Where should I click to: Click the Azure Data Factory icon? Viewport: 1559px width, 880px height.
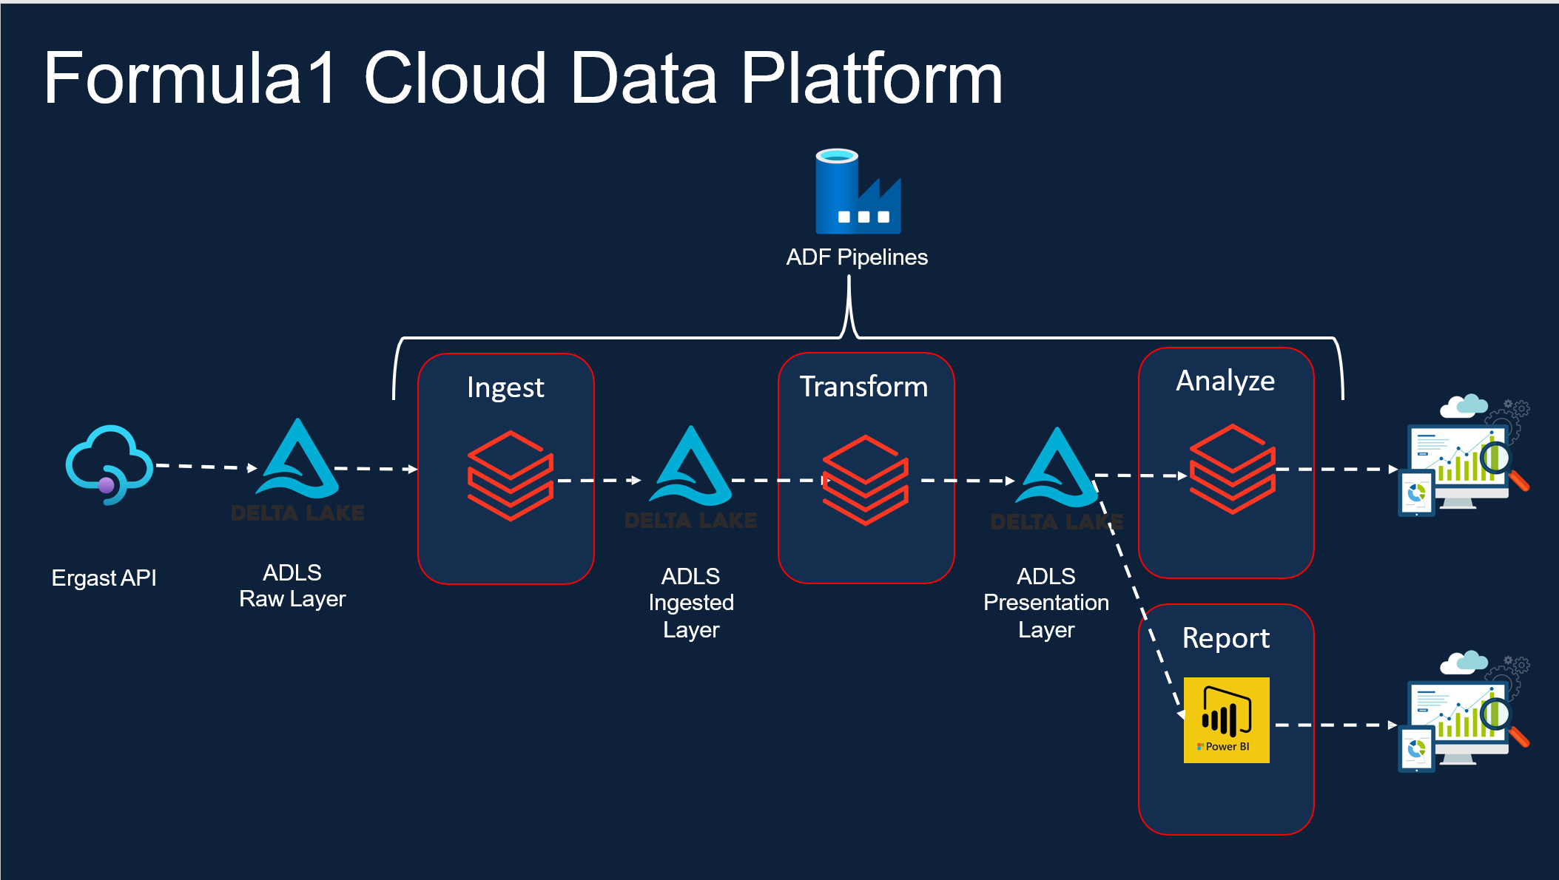pyautogui.click(x=858, y=192)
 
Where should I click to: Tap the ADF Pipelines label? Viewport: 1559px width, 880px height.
pyautogui.click(x=856, y=257)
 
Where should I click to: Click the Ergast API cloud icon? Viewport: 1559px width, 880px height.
pyautogui.click(x=110, y=464)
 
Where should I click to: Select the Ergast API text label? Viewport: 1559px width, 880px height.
pyautogui.click(x=104, y=578)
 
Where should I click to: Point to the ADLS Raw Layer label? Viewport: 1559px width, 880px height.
pyautogui.click(x=292, y=586)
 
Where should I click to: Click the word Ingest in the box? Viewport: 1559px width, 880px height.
pyautogui.click(x=505, y=387)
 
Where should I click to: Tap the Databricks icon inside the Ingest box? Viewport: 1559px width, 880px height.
pyautogui.click(x=510, y=475)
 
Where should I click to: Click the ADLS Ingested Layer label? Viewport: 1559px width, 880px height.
pyautogui.click(x=691, y=603)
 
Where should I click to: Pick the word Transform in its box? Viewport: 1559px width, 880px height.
pyautogui.click(x=863, y=387)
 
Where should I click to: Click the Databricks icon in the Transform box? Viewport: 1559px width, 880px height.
pyautogui.click(x=865, y=480)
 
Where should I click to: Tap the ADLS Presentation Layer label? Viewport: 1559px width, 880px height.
pyautogui.click(x=1045, y=603)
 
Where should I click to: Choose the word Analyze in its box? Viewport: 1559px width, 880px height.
pyautogui.click(x=1225, y=381)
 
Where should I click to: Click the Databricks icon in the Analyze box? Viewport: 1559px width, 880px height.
pyautogui.click(x=1232, y=469)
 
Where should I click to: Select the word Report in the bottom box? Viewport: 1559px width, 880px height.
pyautogui.click(x=1225, y=638)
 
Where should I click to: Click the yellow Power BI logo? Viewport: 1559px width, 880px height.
pyautogui.click(x=1226, y=720)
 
